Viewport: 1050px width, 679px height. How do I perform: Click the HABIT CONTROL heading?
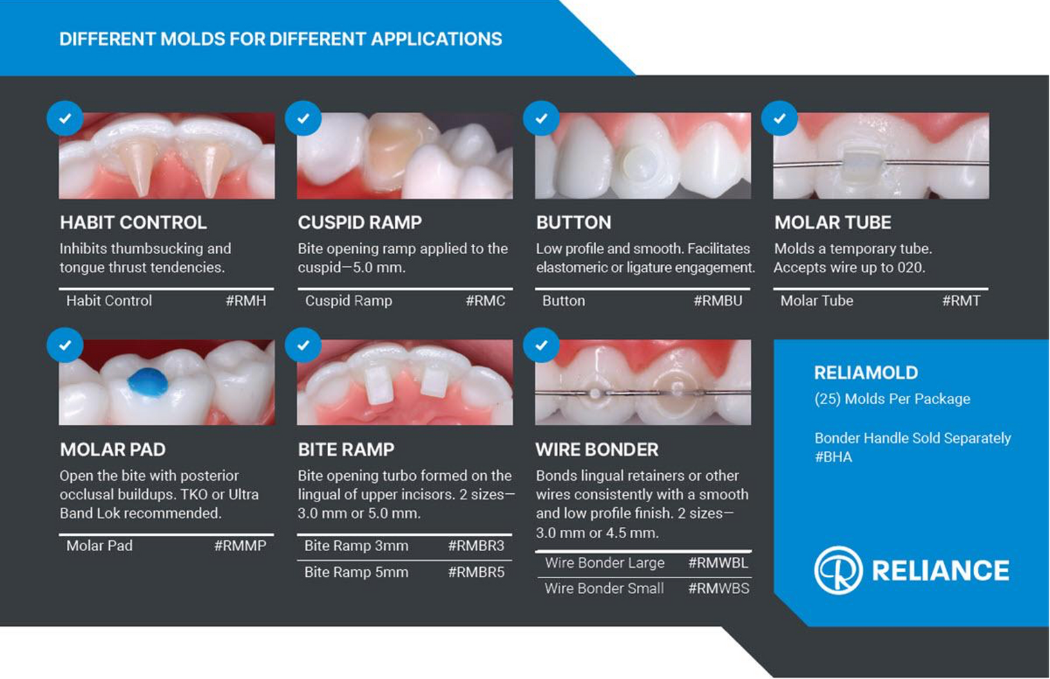pos(133,222)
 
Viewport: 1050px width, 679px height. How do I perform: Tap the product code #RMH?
pos(246,301)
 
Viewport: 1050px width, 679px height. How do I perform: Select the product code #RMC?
pos(485,301)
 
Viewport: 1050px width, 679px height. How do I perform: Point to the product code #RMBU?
pos(718,301)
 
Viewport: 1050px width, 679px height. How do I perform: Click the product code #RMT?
pos(961,301)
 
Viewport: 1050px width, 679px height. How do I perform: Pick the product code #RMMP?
pos(240,546)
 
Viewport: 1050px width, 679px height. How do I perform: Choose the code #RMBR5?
pos(476,573)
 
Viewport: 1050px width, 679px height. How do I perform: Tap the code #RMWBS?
pos(718,589)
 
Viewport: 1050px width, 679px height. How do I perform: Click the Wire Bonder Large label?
pos(604,563)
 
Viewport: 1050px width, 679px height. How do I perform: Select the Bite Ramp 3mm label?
pos(356,546)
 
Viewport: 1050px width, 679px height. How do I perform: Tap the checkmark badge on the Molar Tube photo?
pos(779,119)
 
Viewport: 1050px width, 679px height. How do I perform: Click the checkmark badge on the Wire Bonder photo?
pos(541,345)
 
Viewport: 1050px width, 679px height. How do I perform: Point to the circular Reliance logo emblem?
pos(838,571)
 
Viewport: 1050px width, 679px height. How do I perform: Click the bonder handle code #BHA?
pos(833,457)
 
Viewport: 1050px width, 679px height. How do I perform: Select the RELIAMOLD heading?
pos(866,373)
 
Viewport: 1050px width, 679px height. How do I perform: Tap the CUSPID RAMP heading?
pos(359,222)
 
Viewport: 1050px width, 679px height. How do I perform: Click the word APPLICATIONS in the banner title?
pos(437,39)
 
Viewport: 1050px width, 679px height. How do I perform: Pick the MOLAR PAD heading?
pos(113,450)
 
